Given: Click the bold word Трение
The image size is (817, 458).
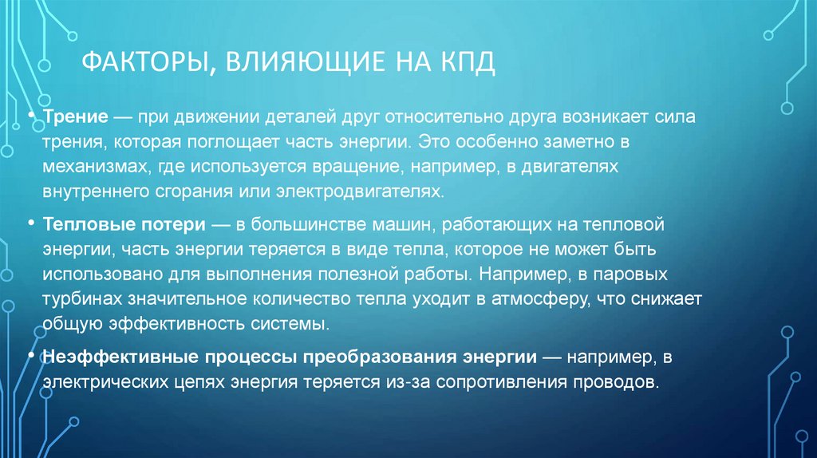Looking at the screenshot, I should (76, 117).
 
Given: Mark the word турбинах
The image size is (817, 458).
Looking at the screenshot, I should (85, 301).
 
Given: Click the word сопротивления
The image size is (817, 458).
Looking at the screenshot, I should (499, 381).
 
